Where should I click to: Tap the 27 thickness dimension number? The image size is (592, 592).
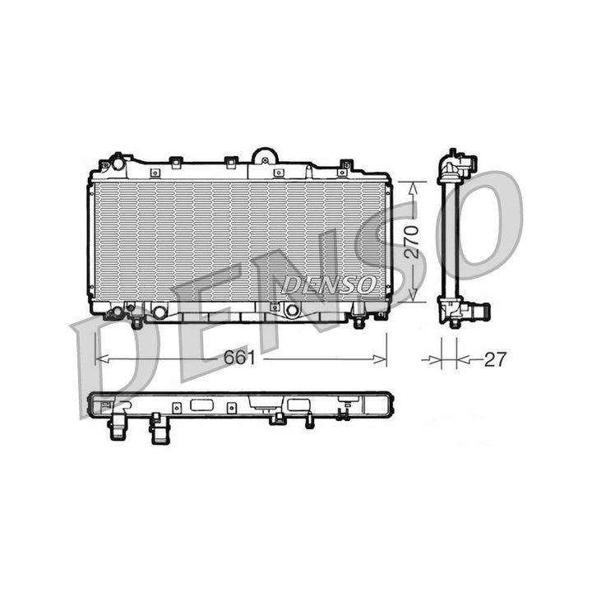[x=494, y=359]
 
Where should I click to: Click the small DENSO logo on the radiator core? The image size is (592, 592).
[x=327, y=284]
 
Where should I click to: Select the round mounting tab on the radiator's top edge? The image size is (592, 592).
[x=265, y=155]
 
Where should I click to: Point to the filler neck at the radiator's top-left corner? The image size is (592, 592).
[x=117, y=162]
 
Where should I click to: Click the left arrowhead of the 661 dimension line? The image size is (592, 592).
[x=100, y=358]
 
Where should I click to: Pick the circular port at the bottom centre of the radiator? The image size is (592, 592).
[x=291, y=311]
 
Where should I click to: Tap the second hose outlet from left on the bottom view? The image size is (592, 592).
[x=155, y=428]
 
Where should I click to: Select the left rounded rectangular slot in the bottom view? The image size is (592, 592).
[x=201, y=405]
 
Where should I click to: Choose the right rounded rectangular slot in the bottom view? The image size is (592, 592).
[x=295, y=405]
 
